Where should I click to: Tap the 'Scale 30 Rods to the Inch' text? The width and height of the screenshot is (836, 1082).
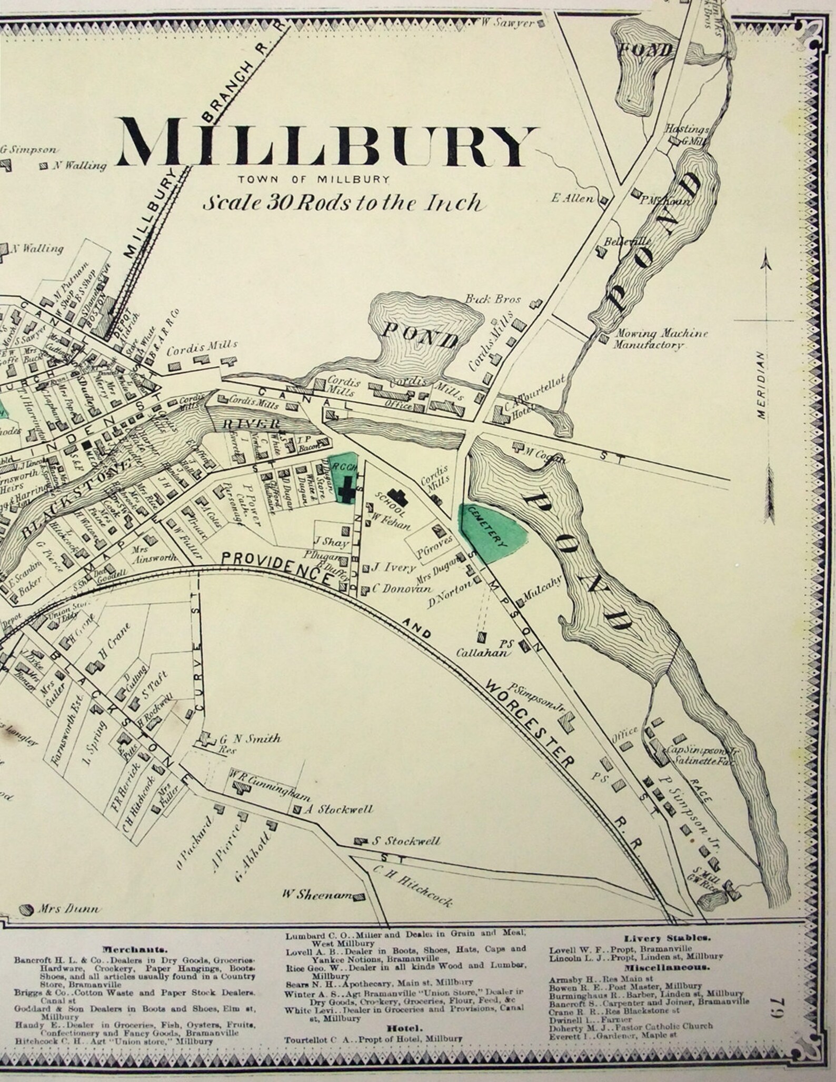342,203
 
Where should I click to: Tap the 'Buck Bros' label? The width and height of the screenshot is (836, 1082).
493,299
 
